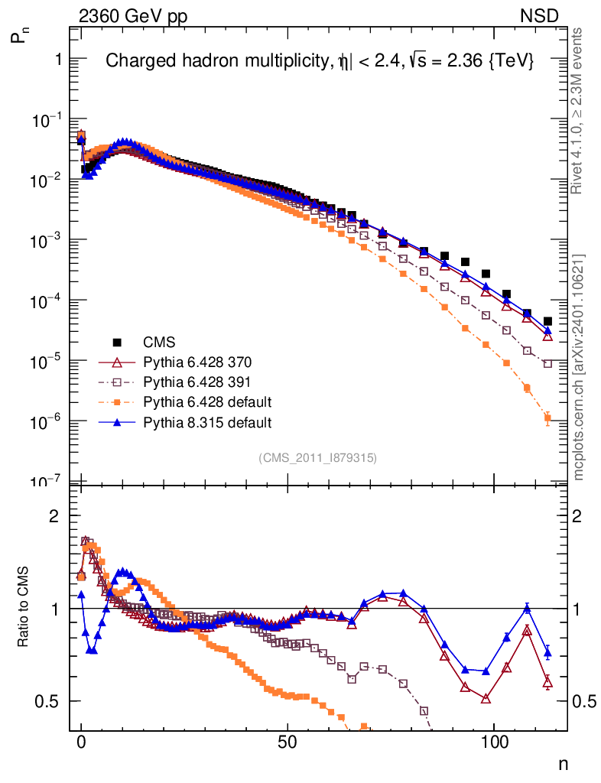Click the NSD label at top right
pyautogui.click(x=540, y=15)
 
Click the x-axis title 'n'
pyautogui.click(x=563, y=763)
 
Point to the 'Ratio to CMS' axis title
pyautogui.click(x=24, y=609)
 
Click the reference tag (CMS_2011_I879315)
pyautogui.click(x=317, y=457)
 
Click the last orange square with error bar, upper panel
pyautogui.click(x=547, y=417)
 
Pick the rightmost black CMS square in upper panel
pyautogui.click(x=547, y=321)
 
